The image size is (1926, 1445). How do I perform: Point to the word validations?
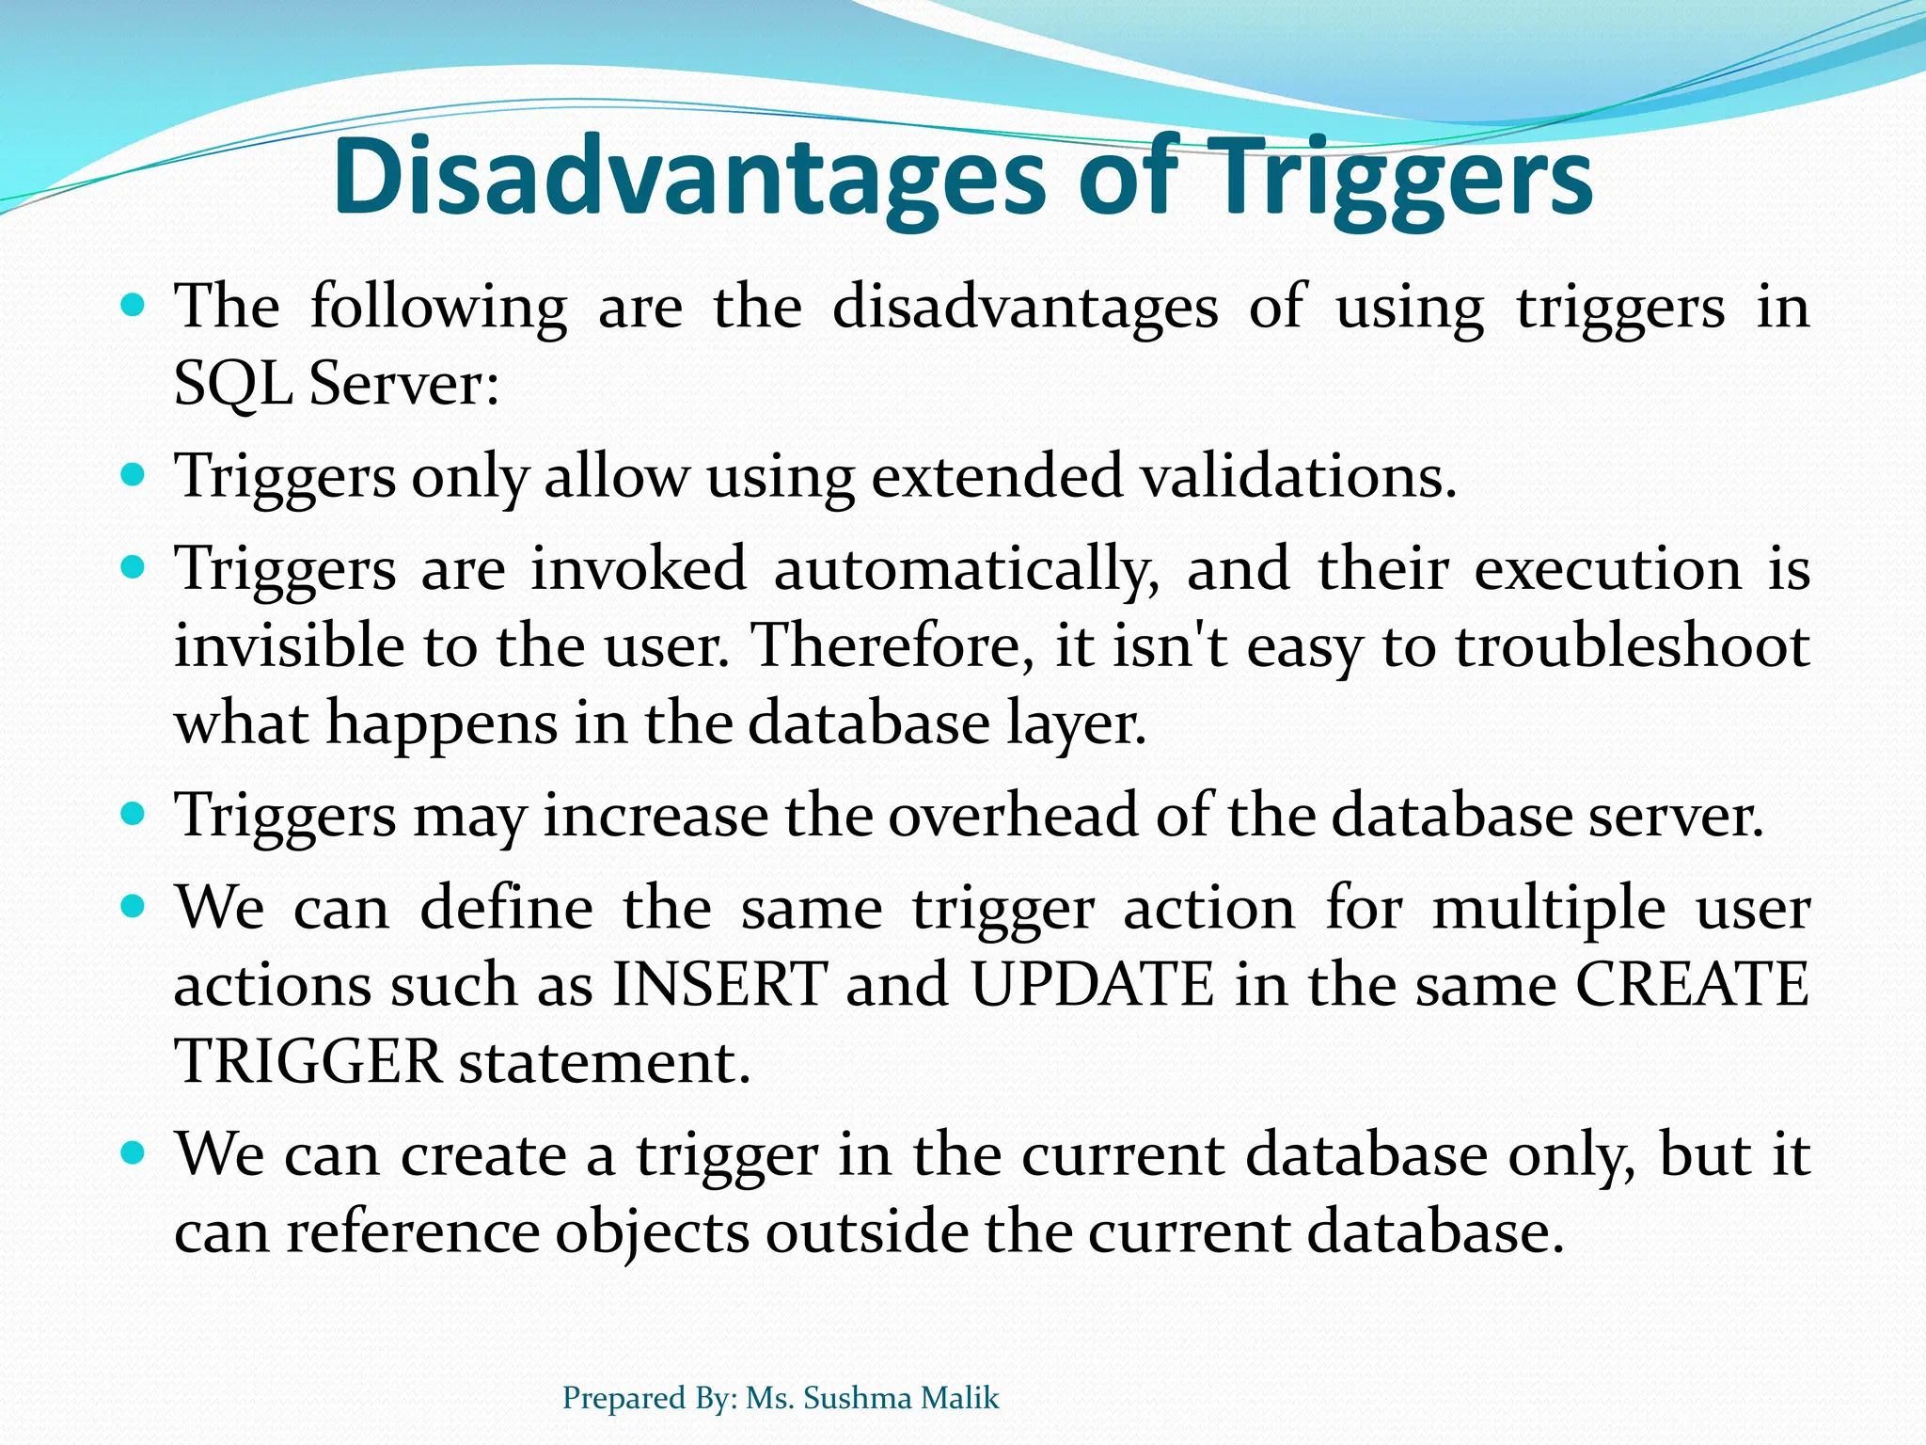coord(1299,476)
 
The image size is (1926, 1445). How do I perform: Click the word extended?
coord(997,476)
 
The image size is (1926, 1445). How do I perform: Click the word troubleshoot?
coord(1633,646)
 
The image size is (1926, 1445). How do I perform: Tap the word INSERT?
coord(719,985)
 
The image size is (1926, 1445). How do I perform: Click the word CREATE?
coord(1692,985)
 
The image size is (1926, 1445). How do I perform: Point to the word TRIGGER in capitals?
coord(308,1062)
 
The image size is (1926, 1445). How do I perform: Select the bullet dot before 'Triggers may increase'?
coord(134,813)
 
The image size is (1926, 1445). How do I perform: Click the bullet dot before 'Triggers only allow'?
coord(134,473)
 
